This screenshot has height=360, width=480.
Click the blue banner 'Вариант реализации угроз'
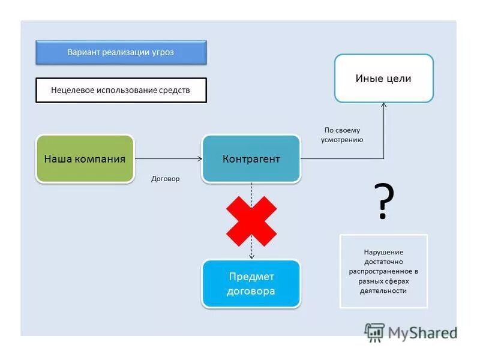(121, 52)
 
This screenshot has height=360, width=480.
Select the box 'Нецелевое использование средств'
(121, 91)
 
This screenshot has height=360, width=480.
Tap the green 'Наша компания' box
(85, 159)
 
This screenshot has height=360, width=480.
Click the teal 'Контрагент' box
(251, 159)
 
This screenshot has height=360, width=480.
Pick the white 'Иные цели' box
(383, 79)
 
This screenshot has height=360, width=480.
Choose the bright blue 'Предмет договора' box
(251, 284)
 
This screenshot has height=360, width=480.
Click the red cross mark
(251, 221)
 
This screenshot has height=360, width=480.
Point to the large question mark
(384, 202)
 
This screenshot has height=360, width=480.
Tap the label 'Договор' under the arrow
(166, 179)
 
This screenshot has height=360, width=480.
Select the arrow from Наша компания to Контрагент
(168, 159)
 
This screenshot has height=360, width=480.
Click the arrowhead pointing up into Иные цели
(384, 106)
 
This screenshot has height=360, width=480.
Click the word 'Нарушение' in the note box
(383, 252)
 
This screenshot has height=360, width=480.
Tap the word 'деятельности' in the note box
(383, 291)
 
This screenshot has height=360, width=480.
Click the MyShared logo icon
(374, 332)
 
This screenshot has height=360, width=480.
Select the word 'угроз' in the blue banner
(163, 52)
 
